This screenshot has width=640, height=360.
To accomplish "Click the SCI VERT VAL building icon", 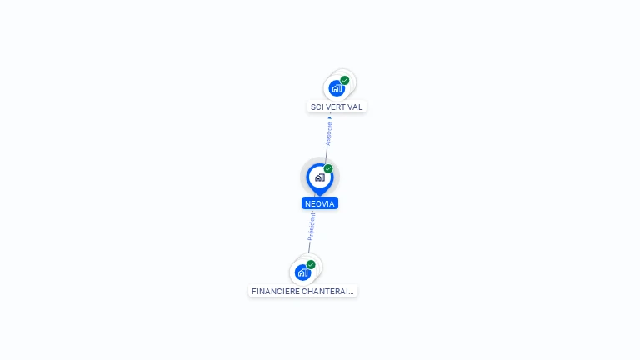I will (x=336, y=88).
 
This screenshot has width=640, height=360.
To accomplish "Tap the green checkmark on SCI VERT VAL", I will (x=345, y=81).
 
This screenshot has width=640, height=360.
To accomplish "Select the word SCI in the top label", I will (x=317, y=107).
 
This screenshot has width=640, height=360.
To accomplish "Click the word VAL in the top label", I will (x=355, y=107).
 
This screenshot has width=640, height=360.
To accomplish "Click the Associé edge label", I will (x=328, y=134).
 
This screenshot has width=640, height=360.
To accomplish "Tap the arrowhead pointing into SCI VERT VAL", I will (x=330, y=117).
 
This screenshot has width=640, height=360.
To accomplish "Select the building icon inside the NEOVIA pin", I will (x=319, y=177).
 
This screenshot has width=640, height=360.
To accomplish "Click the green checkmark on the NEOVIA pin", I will (x=328, y=169).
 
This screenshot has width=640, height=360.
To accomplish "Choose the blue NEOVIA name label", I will (x=320, y=203).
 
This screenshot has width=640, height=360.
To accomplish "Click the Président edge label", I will (x=312, y=226).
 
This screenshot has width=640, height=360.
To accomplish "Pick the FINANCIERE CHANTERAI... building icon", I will (x=302, y=272).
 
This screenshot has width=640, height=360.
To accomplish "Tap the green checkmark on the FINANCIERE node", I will (x=311, y=264).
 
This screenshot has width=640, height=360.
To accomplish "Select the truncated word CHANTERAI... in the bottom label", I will (x=328, y=292).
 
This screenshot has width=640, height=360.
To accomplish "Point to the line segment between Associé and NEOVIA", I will (x=326, y=155).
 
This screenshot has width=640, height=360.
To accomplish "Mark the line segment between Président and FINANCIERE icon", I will (x=308, y=247).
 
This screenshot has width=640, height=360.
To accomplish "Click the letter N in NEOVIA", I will (x=307, y=203).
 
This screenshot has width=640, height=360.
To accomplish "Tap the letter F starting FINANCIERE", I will (x=253, y=292).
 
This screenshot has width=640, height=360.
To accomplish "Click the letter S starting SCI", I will (x=312, y=107).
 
